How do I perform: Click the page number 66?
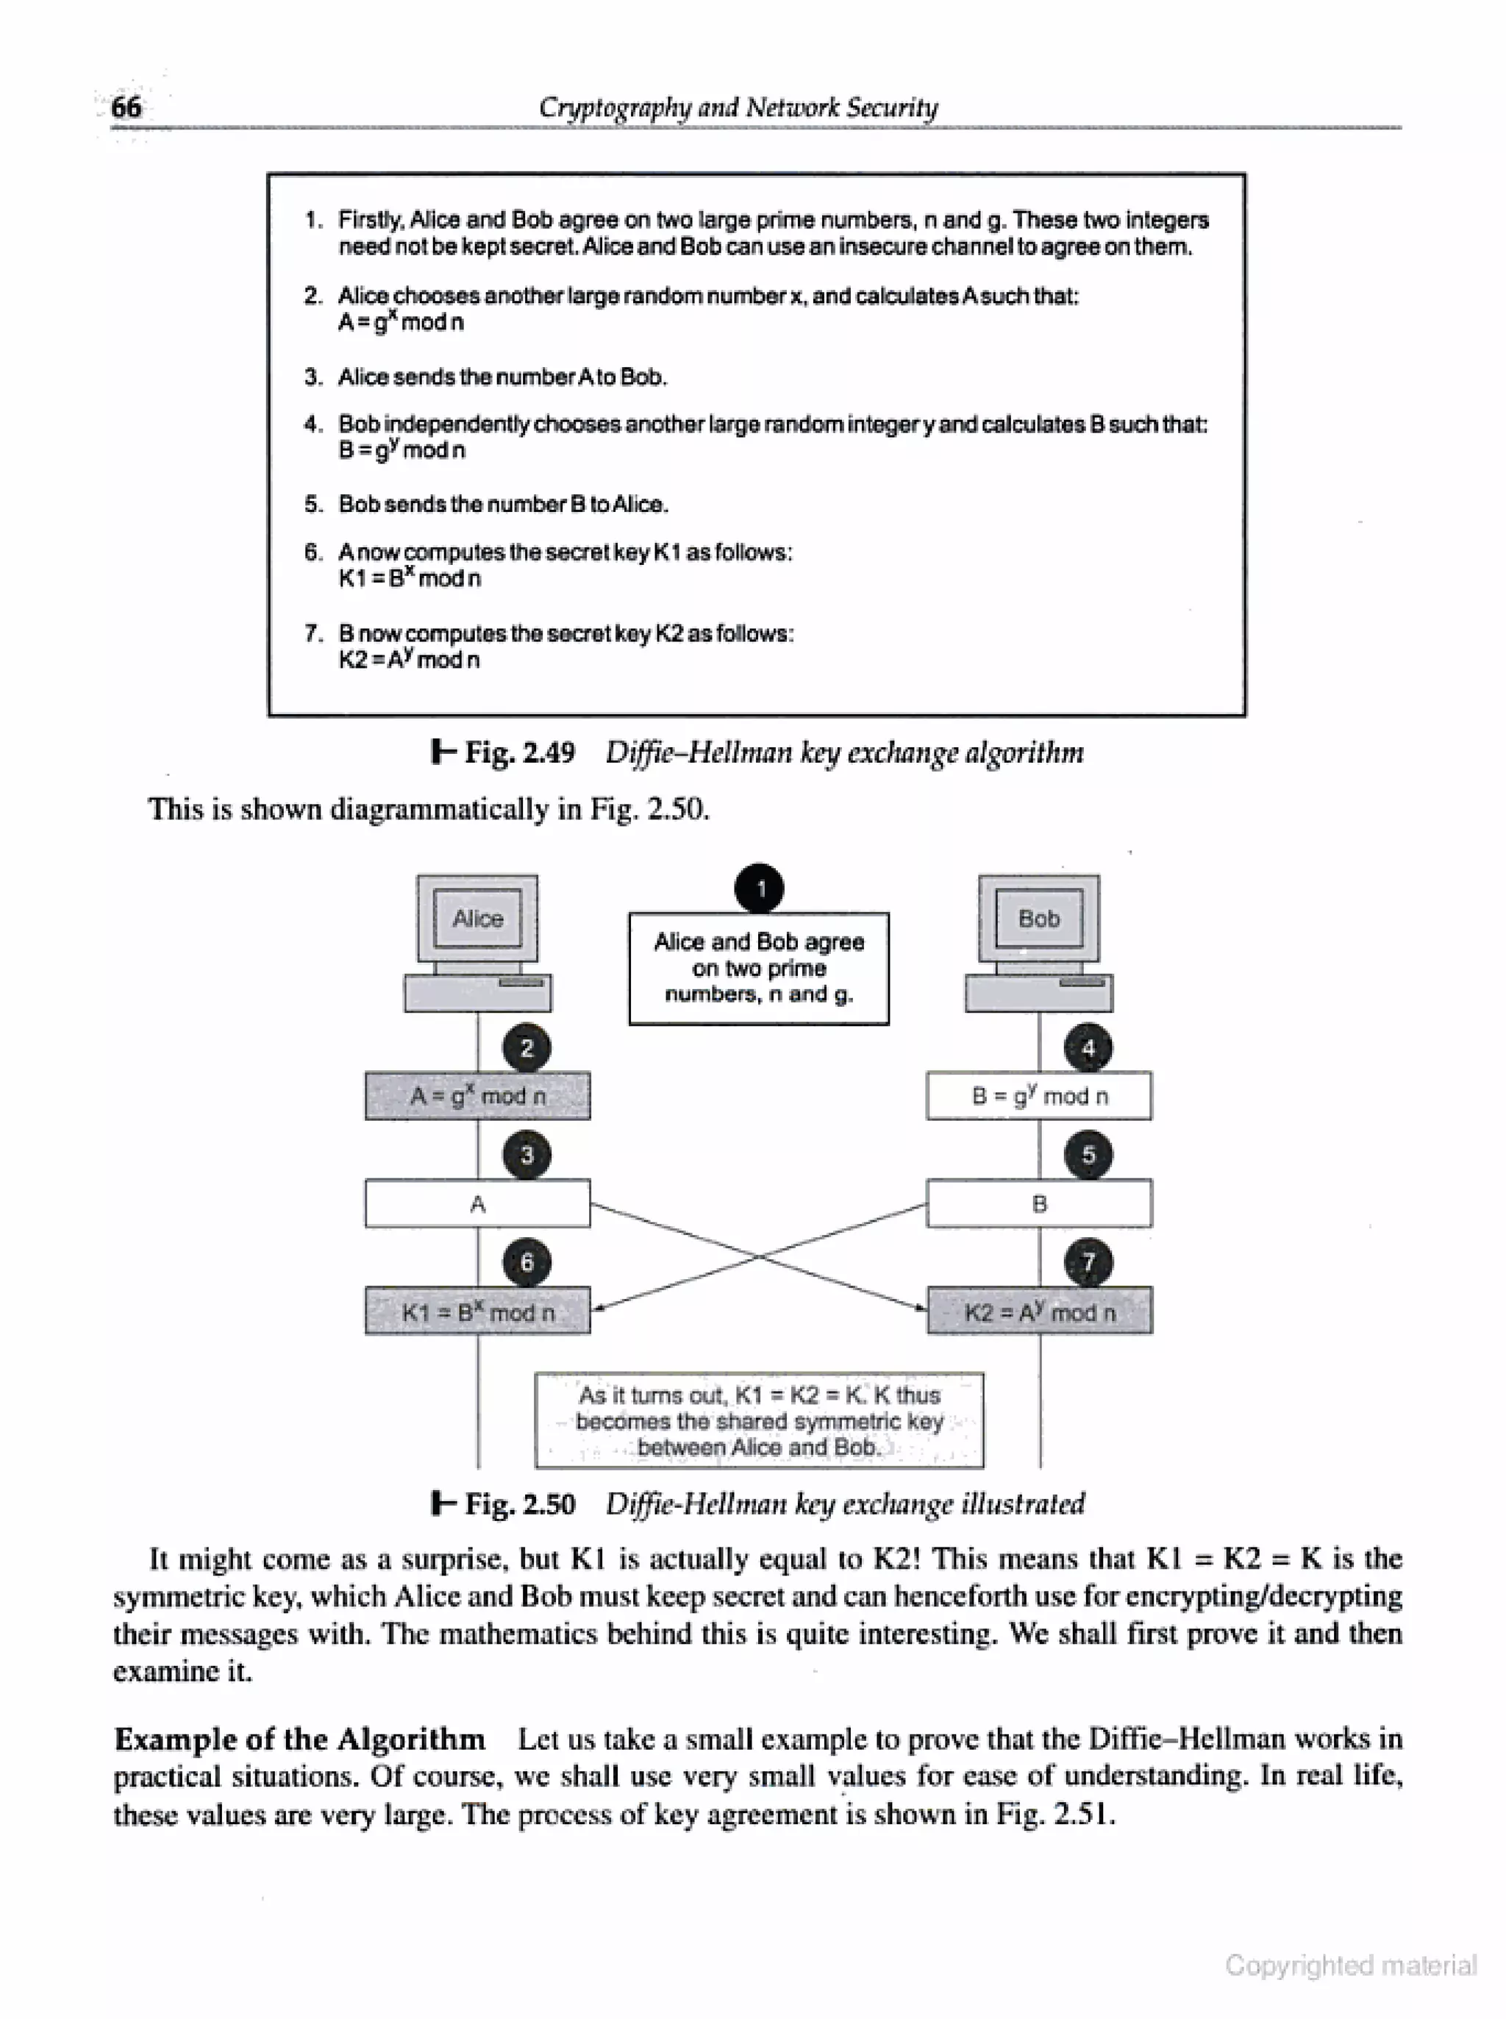click(126, 107)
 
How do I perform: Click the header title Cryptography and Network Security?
click(738, 107)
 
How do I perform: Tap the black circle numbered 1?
click(760, 889)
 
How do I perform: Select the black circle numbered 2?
click(527, 1048)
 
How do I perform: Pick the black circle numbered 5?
click(1088, 1156)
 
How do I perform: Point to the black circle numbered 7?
click(1088, 1263)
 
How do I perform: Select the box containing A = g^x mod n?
click(478, 1096)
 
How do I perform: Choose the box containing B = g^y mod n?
click(1039, 1096)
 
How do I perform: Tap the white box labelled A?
click(478, 1204)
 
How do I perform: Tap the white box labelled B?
click(1039, 1204)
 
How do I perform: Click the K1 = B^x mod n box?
click(478, 1311)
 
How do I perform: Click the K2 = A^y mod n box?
click(1039, 1311)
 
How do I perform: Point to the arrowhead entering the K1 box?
click(598, 1308)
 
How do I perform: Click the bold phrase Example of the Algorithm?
click(299, 1739)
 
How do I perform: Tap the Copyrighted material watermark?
click(1350, 1965)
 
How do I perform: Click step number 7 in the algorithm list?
click(313, 633)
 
